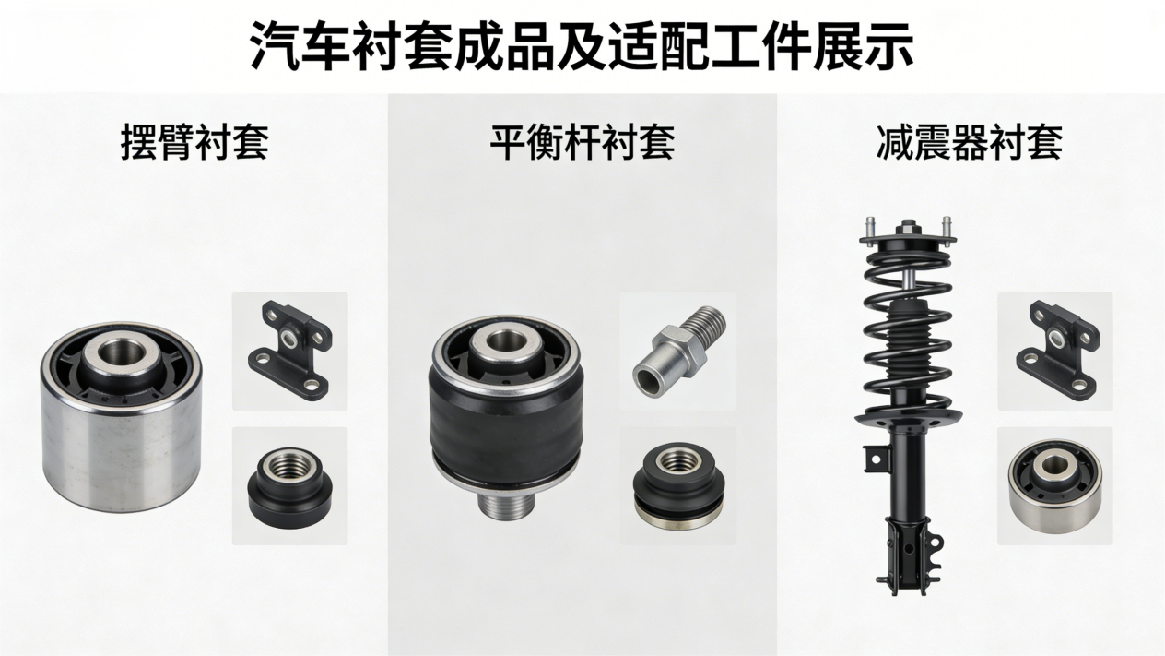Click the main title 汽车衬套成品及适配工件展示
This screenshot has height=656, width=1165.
pyautogui.click(x=582, y=46)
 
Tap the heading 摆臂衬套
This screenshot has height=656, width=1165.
pyautogui.click(x=194, y=142)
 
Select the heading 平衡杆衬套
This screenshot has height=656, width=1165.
pyautogui.click(x=582, y=142)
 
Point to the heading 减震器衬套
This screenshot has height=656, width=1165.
pyautogui.click(x=970, y=142)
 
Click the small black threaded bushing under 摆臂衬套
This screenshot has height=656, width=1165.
pyautogui.click(x=289, y=488)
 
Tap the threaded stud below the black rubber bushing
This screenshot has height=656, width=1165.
pyautogui.click(x=504, y=504)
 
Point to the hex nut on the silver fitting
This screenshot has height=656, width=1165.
pyautogui.click(x=680, y=350)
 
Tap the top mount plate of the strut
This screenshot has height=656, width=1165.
pyautogui.click(x=908, y=241)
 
